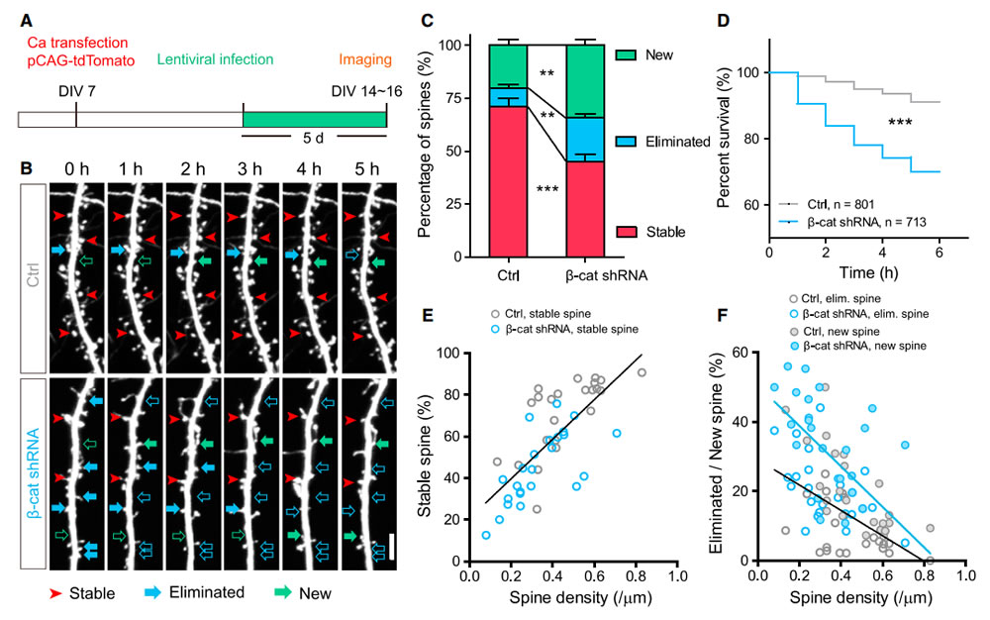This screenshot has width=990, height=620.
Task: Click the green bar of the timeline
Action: (314, 118)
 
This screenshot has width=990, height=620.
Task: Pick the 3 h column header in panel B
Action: (251, 167)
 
